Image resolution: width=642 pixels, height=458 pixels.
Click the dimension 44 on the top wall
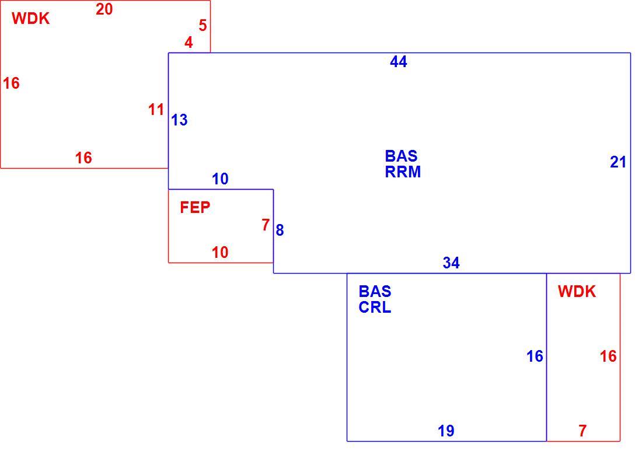pos(399,62)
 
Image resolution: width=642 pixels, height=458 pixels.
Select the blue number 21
pos(618,163)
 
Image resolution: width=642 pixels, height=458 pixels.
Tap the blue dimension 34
pos(451,263)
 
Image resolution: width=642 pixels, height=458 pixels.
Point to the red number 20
pos(104,9)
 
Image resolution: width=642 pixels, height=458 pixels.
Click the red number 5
pos(203,25)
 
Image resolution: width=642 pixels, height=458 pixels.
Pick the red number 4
pos(189,42)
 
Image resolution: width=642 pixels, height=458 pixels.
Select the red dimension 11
pos(156,110)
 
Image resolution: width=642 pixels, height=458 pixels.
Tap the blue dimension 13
pos(179,120)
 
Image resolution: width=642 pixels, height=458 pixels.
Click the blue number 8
pos(280,230)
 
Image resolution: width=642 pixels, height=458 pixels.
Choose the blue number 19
pos(446,431)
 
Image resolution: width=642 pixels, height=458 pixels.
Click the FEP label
pos(195,208)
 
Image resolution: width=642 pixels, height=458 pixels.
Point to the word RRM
pos(403,172)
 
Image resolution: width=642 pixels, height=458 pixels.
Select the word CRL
pos(375,307)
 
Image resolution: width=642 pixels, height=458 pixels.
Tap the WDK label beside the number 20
pos(31,19)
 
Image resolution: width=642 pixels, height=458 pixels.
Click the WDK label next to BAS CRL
pos(577,292)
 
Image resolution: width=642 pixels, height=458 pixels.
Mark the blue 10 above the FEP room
pos(220,179)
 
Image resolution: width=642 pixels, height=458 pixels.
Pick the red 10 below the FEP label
pos(220,252)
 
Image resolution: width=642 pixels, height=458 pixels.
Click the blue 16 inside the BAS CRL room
pos(535,356)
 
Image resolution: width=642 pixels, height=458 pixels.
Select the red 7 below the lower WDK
pos(582,431)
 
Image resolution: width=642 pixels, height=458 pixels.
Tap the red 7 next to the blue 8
pos(266,225)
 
